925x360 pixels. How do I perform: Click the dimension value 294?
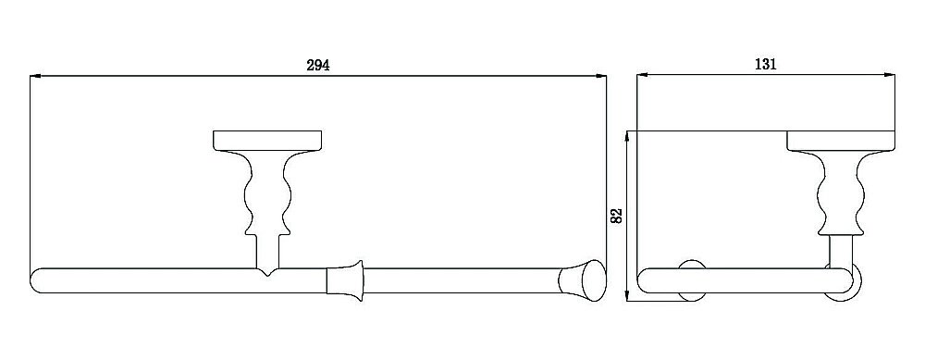tap(318, 65)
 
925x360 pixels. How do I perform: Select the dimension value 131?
tap(765, 65)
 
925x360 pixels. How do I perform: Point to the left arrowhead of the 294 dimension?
tap(35, 76)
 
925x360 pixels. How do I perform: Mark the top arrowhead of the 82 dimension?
tap(629, 135)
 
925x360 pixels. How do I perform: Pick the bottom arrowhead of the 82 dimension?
tap(629, 295)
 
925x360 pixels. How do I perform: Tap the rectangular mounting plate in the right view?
tap(842, 141)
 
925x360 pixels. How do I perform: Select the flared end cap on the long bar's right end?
tap(584, 281)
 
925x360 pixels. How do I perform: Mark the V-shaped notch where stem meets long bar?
tap(266, 273)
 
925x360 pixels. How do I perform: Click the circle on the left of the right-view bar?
tap(692, 281)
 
